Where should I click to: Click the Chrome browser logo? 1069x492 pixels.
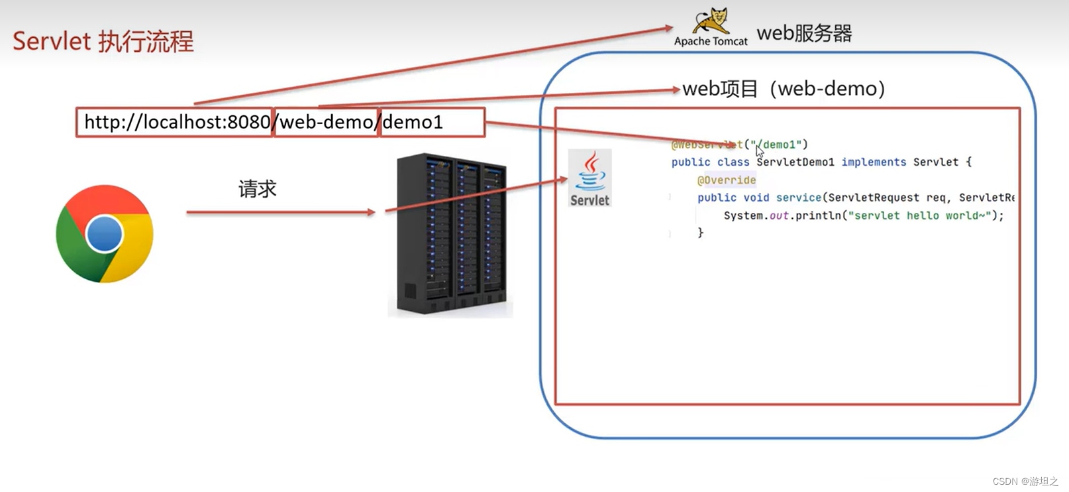click(105, 233)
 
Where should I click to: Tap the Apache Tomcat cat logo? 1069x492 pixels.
click(711, 21)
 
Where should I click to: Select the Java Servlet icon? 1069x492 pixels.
click(589, 178)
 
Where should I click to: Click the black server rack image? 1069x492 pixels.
click(450, 235)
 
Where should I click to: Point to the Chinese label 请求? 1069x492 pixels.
click(257, 190)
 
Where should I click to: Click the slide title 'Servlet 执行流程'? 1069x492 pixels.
click(103, 41)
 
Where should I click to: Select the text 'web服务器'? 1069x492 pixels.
click(804, 33)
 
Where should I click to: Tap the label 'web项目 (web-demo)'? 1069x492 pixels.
click(784, 89)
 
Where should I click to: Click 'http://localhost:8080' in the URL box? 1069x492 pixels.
click(177, 123)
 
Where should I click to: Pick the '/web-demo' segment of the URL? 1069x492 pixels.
click(327, 123)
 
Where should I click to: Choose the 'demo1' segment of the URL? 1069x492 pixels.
click(413, 123)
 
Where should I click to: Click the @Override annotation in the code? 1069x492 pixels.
click(727, 180)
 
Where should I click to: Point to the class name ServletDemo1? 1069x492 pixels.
click(795, 162)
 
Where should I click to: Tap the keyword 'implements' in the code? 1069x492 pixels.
click(874, 162)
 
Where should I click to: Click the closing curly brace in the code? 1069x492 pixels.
click(701, 233)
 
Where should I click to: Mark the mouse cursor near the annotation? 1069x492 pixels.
click(760, 151)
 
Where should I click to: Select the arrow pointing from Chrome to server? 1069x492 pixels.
click(281, 212)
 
